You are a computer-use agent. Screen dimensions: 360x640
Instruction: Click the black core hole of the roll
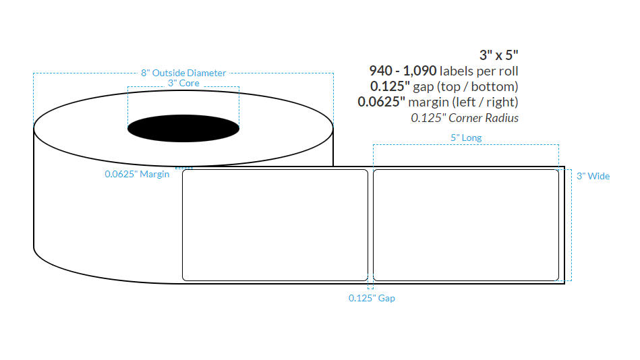click(x=183, y=127)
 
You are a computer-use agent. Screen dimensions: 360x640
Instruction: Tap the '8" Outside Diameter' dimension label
click(x=183, y=73)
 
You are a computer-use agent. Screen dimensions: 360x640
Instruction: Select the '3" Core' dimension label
click(x=183, y=83)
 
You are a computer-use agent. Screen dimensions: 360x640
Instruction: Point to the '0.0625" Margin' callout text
click(x=137, y=174)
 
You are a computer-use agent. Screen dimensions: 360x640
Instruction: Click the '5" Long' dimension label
click(x=465, y=138)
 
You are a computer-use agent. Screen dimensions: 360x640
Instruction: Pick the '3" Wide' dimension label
click(x=593, y=176)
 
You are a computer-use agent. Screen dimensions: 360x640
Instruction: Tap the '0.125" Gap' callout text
click(x=372, y=298)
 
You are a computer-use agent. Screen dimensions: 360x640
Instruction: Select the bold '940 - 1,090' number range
click(x=403, y=71)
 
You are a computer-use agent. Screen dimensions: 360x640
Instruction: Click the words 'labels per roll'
click(x=479, y=71)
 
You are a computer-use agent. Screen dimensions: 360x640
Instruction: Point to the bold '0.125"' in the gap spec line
click(x=388, y=86)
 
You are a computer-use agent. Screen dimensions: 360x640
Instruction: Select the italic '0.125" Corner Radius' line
click(x=465, y=117)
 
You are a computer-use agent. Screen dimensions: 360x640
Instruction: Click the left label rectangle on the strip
click(x=275, y=224)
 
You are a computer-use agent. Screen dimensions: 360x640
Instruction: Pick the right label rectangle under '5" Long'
click(x=465, y=224)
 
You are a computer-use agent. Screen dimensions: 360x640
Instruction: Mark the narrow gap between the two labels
click(x=370, y=224)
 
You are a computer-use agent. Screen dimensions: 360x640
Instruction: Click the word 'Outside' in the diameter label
click(x=169, y=73)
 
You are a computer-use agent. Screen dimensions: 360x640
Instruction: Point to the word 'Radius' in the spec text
click(x=504, y=117)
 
